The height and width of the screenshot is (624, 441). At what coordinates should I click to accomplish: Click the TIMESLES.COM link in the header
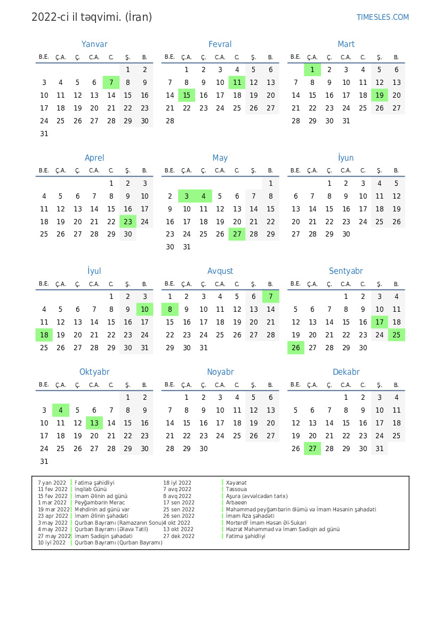382,17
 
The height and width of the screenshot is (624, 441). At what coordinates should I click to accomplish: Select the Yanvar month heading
94,44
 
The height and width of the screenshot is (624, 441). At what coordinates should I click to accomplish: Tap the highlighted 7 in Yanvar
111,82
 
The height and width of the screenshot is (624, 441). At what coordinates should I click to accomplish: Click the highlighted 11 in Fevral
237,82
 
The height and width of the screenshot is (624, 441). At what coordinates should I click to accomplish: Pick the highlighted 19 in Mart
380,95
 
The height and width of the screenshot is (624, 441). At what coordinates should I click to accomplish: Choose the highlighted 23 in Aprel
128,222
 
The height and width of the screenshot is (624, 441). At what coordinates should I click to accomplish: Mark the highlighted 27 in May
237,234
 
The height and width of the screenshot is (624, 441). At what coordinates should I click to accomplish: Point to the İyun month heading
346,158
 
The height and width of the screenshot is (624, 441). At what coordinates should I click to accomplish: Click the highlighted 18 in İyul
44,335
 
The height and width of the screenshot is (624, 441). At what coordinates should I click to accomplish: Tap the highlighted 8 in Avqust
170,310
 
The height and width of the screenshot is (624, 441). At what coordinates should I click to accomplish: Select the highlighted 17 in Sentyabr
380,322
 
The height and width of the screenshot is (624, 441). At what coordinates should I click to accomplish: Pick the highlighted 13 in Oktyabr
94,423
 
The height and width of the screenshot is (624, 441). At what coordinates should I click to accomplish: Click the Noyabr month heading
220,372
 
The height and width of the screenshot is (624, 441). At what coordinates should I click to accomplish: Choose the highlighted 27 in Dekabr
312,449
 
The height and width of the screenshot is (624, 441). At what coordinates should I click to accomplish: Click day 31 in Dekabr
380,449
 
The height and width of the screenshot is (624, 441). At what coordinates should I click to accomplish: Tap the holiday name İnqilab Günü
91,489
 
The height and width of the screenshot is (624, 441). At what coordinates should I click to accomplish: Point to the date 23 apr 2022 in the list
52,516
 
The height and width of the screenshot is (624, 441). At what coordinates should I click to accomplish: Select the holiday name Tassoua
236,489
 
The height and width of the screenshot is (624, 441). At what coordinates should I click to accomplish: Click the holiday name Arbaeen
236,502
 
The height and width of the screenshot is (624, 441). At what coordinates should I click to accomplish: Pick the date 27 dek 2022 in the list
179,536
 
